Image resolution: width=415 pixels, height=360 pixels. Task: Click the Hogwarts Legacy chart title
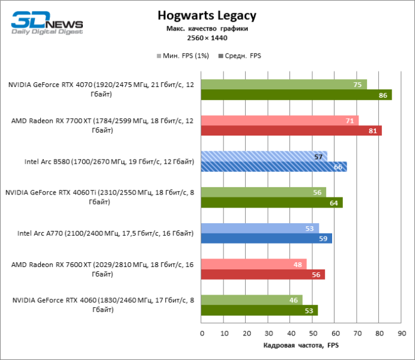point(207,16)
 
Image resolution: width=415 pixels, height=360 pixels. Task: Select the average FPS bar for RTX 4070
point(296,95)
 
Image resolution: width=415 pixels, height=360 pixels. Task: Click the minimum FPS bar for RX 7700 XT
point(279,121)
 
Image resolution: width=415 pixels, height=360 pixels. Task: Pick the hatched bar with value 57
point(264,157)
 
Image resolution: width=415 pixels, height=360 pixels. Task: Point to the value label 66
point(338,167)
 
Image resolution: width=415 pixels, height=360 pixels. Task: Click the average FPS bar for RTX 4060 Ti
point(271,203)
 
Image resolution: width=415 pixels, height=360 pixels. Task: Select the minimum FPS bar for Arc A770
point(259,229)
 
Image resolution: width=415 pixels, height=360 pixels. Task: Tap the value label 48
point(297,265)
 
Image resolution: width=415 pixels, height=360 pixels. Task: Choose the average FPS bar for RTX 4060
point(259,311)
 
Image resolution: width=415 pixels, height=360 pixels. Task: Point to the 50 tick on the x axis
point(313,333)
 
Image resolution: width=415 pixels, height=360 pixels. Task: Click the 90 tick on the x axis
point(401,333)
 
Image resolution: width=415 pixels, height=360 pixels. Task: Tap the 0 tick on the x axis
point(202,333)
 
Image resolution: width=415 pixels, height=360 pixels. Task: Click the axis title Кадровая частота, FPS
point(301,346)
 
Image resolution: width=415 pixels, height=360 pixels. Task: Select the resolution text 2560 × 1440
point(207,38)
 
